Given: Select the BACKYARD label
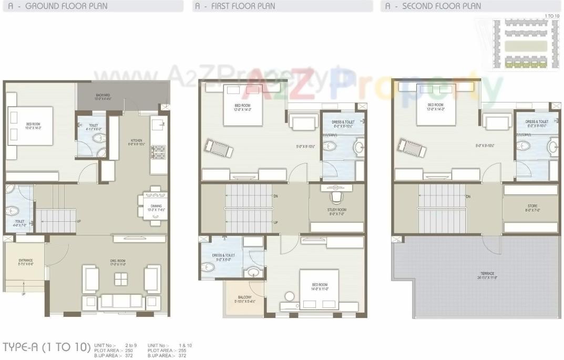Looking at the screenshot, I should pos(102,96).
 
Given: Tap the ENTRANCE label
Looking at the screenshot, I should pos(26,262).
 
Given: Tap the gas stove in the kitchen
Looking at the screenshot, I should pos(158,152).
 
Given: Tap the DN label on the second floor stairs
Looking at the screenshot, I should pos(468,197).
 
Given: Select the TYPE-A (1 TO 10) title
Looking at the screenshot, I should pos(46,347).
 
